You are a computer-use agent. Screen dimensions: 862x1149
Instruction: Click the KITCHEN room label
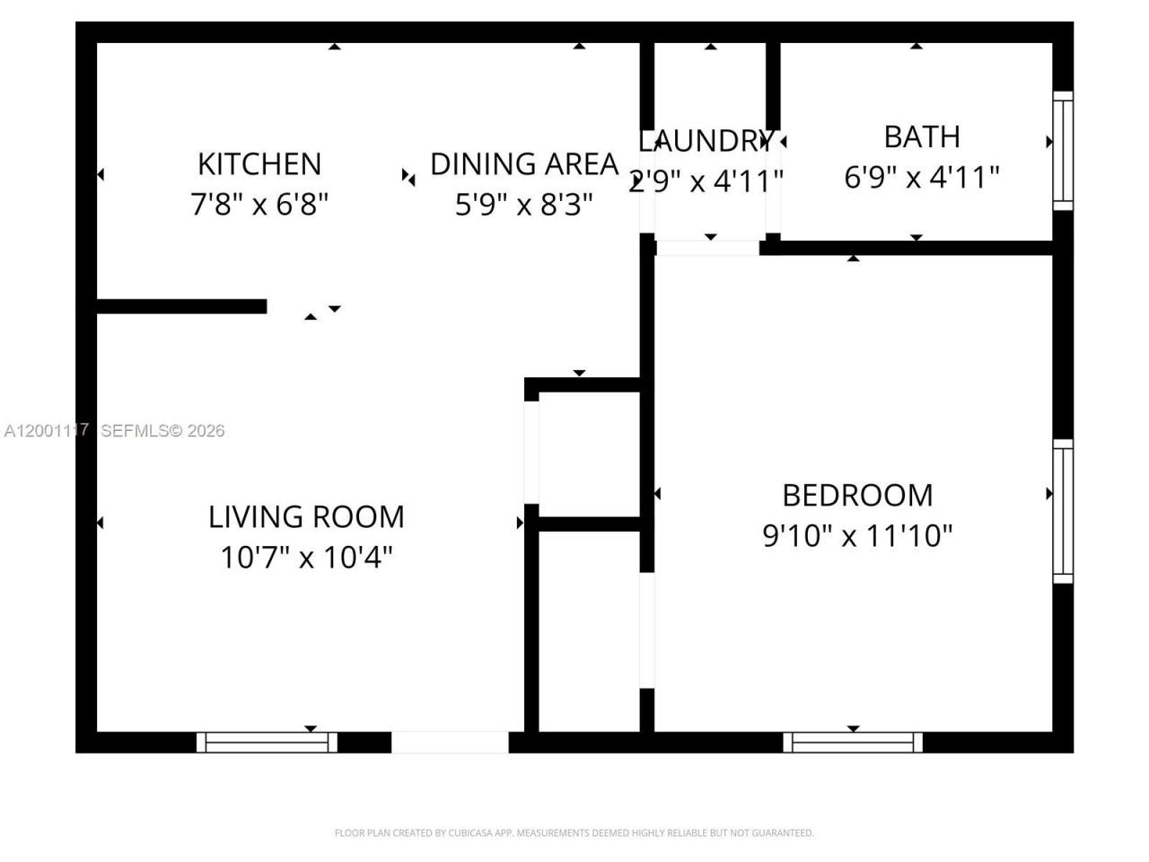coord(259,164)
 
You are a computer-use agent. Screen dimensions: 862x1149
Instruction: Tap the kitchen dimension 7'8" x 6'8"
coord(259,205)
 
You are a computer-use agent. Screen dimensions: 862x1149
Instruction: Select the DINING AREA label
coord(524,164)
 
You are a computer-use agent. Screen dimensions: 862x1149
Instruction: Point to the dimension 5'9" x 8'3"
coord(524,205)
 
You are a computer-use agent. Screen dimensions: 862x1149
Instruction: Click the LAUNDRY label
coord(706,141)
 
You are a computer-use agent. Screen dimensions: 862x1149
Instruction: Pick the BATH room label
coord(922,136)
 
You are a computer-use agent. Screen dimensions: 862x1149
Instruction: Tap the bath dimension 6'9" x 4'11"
coord(922,177)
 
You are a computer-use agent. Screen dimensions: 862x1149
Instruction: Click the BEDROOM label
coord(857,495)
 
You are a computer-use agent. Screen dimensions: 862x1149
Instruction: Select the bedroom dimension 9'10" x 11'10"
coord(857,536)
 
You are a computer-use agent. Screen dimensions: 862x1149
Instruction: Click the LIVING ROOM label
coord(306,516)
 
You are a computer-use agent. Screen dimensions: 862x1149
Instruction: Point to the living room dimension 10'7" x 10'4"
coord(306,558)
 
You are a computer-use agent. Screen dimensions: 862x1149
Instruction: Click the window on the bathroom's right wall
coord(1063,151)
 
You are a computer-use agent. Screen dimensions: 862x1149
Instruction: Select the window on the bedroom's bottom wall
coord(853,743)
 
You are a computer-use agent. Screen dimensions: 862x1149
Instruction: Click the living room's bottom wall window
coord(267,743)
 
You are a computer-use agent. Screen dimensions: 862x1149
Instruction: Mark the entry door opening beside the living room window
coord(450,743)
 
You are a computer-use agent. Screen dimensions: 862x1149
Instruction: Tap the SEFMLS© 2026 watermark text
coord(162,431)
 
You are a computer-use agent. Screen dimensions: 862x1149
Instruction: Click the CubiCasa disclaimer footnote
coord(574,833)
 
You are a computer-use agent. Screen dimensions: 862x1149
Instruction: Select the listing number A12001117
coord(46,431)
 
